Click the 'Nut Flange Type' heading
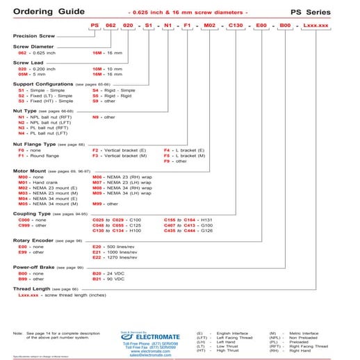tap(35, 144)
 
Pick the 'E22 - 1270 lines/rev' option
tap(119, 256)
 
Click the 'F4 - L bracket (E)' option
tap(183, 150)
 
